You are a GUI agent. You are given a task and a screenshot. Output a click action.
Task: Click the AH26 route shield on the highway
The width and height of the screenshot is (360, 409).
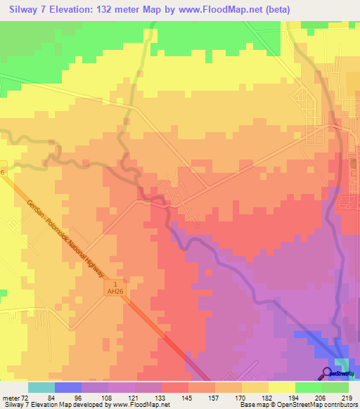click(115, 290)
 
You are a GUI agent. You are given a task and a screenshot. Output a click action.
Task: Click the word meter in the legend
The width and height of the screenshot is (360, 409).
click(11, 397)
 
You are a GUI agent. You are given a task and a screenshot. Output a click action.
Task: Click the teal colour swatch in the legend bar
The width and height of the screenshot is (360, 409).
click(41, 387)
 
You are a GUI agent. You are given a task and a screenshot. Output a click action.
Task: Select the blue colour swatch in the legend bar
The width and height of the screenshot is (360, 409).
click(67, 387)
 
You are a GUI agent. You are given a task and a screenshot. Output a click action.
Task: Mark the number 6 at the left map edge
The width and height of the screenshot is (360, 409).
click(3, 171)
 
